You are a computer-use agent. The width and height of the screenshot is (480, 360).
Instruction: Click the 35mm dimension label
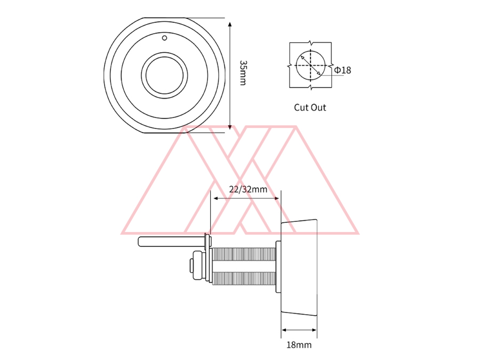pyautogui.click(x=243, y=73)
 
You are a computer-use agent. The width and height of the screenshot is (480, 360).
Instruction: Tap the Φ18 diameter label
pyautogui.click(x=342, y=70)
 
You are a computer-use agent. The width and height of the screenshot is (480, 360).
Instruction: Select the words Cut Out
pyautogui.click(x=310, y=107)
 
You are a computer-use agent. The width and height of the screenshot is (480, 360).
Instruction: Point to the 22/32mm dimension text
pyautogui.click(x=248, y=189)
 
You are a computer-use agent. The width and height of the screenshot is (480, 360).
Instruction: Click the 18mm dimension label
pyautogui.click(x=299, y=345)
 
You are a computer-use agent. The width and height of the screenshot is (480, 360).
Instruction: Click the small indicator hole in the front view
pyautogui.click(x=164, y=38)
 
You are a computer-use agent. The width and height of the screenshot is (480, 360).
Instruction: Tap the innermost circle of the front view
pyautogui.click(x=164, y=75)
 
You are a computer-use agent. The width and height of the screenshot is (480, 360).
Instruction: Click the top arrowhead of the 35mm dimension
pyautogui.click(x=230, y=24)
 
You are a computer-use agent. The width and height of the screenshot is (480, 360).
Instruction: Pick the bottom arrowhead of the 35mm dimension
pyautogui.click(x=230, y=127)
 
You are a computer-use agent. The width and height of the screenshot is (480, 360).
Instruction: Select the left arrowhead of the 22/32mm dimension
pyautogui.click(x=216, y=198)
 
